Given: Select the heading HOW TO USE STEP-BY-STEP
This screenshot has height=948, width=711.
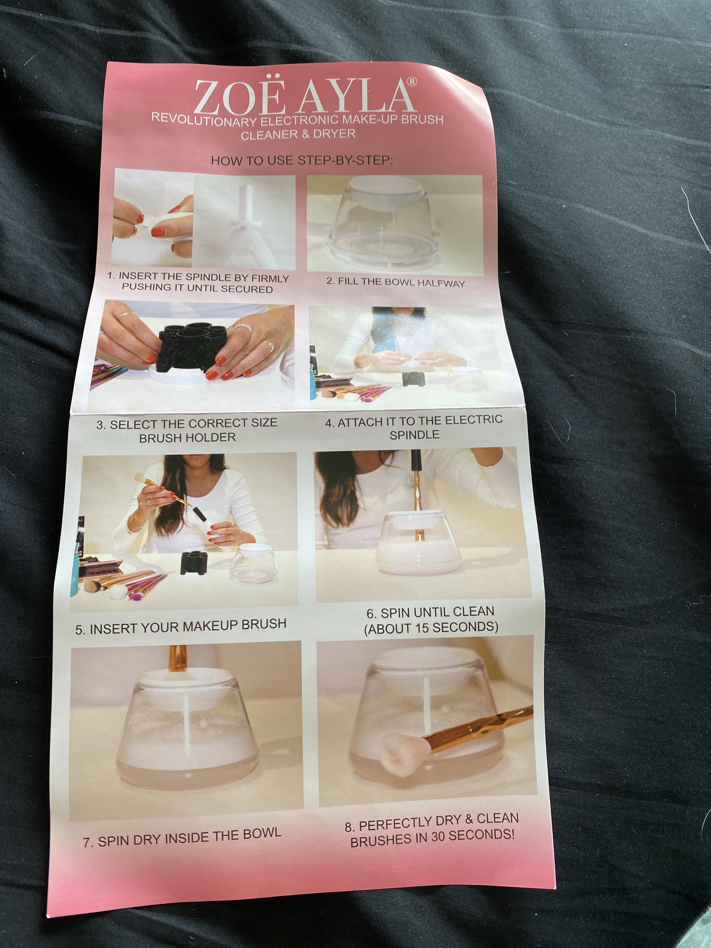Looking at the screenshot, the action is click(302, 161).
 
